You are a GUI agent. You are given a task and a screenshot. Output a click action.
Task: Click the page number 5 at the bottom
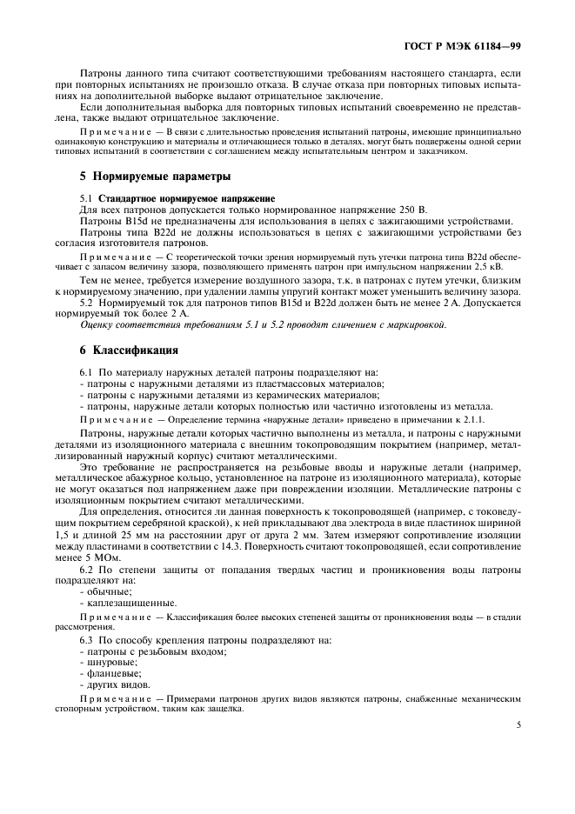[518, 722]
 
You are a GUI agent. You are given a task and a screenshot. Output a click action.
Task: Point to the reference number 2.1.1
[472, 419]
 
